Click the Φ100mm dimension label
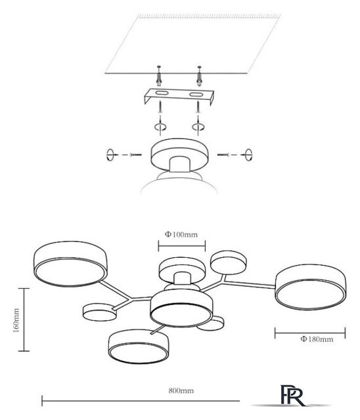coord(181,235)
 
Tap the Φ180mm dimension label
coord(317,339)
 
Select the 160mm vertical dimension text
coord(16,320)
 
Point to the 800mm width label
coord(181,391)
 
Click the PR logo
coord(293,395)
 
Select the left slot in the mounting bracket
coord(162,93)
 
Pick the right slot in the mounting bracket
coord(196,94)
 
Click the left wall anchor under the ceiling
coord(159,76)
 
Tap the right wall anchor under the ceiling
coord(199,76)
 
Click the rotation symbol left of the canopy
coord(110,155)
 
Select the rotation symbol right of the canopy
coord(249,155)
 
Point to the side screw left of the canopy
coord(135,155)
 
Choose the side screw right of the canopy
coord(223,155)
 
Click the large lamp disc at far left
coord(70,264)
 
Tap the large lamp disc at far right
coord(311,287)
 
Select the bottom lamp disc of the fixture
coord(139,346)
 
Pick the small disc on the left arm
coord(100,312)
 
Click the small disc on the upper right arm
coord(229,262)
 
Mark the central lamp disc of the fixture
coord(181,308)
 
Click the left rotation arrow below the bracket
coord(160,127)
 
